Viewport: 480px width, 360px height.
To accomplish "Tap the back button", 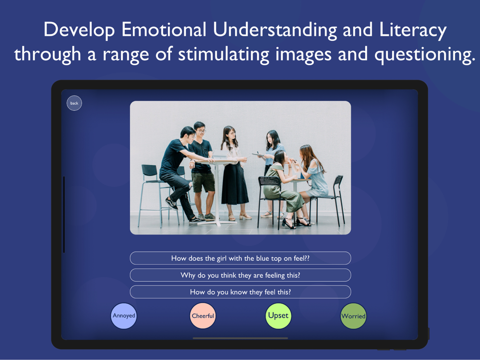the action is [74, 103].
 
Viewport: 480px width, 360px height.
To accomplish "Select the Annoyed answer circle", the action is [124, 316].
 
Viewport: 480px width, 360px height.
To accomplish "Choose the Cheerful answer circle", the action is [203, 316].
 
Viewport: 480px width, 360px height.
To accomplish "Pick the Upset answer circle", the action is [278, 316].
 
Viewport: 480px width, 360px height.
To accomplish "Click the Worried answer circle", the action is [353, 316].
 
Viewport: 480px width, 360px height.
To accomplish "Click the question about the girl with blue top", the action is [240, 258].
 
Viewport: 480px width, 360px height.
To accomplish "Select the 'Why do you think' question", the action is [240, 275].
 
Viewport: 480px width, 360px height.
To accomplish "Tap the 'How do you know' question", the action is [240, 292].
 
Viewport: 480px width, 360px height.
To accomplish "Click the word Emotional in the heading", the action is [164, 30].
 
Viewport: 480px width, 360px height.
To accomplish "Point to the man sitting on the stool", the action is [178, 171].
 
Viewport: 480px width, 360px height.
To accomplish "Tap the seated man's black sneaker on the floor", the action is [171, 204].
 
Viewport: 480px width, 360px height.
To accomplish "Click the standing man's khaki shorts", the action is [203, 183].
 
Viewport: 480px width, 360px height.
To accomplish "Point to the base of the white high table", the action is [217, 223].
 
